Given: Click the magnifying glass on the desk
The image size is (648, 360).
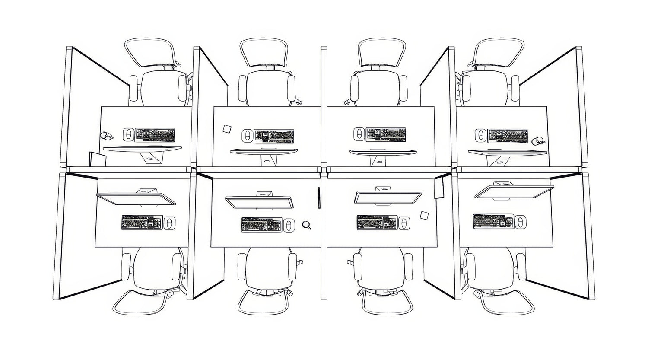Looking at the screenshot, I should (306, 224).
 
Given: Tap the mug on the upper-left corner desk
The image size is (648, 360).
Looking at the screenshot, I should (106, 136).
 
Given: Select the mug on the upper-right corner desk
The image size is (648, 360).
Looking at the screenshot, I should (538, 141).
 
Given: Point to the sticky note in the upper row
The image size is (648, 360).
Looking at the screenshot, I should (227, 129).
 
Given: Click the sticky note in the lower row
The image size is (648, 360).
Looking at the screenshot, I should (425, 215).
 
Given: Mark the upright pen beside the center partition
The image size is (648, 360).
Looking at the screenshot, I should (318, 197).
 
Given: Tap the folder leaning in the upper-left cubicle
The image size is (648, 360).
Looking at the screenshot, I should (97, 159).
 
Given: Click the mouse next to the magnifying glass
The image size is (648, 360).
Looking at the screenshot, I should (289, 225).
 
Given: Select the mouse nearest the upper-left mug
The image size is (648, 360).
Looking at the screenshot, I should (128, 134).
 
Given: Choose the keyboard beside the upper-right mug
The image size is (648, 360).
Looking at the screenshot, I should (508, 136).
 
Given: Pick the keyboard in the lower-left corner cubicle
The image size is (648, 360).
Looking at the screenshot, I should (142, 222).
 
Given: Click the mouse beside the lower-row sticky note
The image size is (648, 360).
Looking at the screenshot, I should (403, 223).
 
